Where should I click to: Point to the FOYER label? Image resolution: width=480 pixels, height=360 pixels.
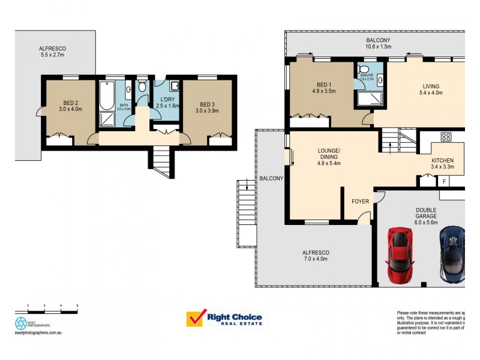(360, 202)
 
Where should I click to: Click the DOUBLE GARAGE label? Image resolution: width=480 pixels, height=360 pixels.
(427, 214)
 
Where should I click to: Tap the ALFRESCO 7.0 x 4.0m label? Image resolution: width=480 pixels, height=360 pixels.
(316, 256)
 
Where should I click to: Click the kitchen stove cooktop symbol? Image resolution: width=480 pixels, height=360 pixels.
(446, 137)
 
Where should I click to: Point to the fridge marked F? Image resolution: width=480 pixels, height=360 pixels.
(444, 181)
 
